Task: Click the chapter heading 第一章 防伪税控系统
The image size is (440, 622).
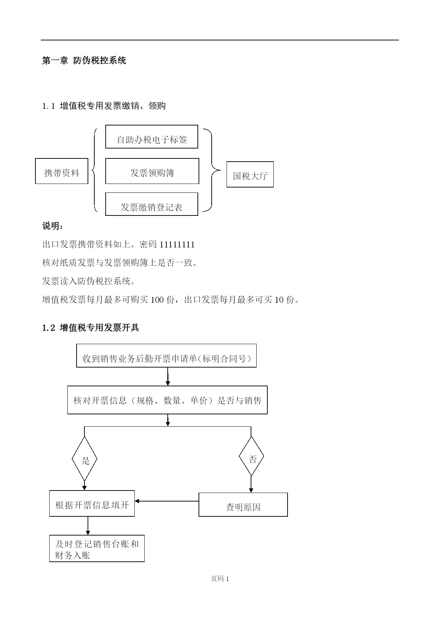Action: [x=84, y=61]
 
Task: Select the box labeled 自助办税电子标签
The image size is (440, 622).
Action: [x=152, y=136]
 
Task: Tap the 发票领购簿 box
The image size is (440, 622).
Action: [x=152, y=171]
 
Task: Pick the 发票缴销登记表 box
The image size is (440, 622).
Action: [x=152, y=204]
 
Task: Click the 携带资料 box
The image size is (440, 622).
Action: [x=62, y=171]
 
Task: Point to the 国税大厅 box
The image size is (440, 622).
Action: [x=250, y=174]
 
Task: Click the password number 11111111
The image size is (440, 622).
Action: [x=177, y=245]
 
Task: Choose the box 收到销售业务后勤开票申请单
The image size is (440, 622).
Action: [x=166, y=355]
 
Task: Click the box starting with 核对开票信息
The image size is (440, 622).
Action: [x=167, y=400]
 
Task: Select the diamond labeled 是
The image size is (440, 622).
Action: [x=84, y=459]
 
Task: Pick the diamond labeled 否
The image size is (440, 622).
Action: [x=251, y=456]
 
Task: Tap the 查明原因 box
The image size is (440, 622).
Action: [x=243, y=504]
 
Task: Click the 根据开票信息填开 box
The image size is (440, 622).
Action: [x=92, y=503]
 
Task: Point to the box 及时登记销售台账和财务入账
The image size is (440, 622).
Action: [x=97, y=548]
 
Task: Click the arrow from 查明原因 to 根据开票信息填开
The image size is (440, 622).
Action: [x=167, y=501]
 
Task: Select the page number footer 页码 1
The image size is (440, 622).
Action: [x=220, y=579]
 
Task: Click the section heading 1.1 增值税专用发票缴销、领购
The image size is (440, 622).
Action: [x=104, y=106]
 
